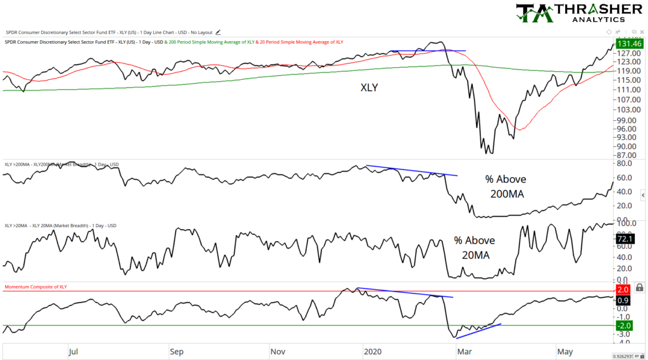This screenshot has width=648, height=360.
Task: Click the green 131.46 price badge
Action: [630, 44]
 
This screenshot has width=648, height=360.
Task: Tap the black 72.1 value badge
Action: [630, 239]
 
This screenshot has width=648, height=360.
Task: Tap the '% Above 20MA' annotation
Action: [474, 247]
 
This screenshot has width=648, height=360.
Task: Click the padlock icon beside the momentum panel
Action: [640, 287]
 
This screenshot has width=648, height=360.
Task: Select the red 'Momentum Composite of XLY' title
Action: [36, 287]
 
